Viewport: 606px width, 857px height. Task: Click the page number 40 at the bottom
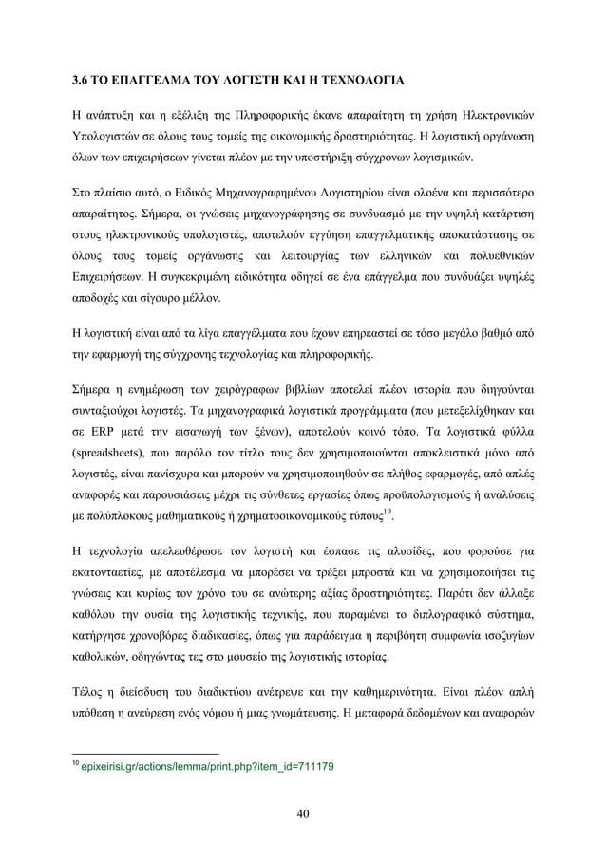[x=303, y=811]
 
